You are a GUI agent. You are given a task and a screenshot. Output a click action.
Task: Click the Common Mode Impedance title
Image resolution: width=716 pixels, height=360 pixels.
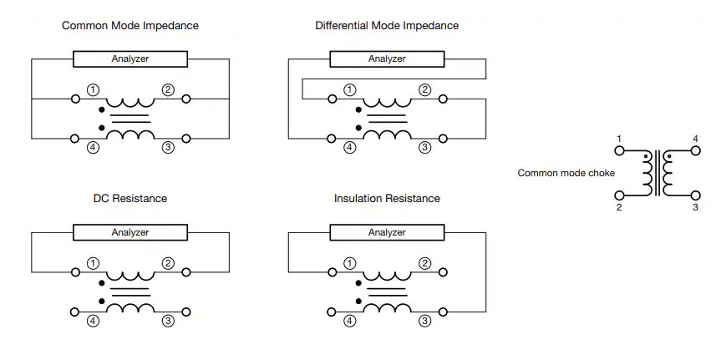point(130,26)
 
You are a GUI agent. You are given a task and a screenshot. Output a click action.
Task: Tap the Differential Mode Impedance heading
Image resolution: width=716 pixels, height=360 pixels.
point(387,26)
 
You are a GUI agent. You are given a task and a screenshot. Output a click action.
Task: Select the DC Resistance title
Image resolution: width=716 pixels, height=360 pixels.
point(130,199)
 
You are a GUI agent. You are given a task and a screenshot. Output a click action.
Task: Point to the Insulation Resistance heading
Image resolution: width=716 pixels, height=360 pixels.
point(387,199)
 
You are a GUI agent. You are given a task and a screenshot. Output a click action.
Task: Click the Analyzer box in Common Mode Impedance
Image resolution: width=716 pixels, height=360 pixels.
point(130,58)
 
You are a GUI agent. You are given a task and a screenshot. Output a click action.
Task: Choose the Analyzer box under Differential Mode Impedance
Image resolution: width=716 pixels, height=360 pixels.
point(387,58)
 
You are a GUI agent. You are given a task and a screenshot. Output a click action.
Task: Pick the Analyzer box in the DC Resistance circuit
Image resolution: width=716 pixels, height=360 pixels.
point(130,232)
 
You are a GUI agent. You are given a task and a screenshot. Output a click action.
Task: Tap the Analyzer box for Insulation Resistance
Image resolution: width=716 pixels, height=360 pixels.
point(387,232)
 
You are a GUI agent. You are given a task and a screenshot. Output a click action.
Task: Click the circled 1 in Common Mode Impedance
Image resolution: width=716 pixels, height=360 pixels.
point(93,90)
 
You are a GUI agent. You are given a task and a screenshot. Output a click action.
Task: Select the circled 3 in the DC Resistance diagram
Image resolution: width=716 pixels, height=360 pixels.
point(168,321)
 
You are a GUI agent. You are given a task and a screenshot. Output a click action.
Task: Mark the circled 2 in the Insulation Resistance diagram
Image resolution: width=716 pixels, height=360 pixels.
point(424,263)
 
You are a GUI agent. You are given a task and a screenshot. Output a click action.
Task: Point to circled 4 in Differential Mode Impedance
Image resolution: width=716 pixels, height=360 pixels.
point(349,147)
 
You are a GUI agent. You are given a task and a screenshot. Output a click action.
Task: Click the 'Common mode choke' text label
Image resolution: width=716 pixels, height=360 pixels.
point(566,173)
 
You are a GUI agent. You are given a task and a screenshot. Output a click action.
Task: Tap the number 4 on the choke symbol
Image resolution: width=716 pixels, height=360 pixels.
point(695,139)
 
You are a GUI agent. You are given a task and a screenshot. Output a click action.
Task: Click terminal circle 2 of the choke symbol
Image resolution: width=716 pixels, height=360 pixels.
point(619,195)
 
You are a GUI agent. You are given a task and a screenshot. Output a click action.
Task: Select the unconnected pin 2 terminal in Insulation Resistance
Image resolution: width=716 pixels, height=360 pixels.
point(443,272)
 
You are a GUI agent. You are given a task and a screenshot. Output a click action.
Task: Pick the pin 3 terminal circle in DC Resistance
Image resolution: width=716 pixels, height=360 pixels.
point(185,312)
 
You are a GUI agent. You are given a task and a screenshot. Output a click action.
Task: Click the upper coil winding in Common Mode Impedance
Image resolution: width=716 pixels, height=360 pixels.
point(130,103)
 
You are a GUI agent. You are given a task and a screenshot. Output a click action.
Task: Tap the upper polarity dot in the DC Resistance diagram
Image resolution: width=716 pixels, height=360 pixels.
point(101,283)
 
